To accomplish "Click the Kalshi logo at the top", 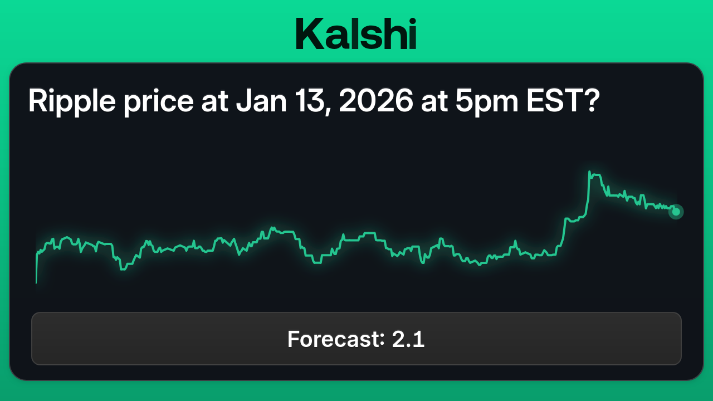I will coord(356,33).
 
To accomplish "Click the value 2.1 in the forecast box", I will coord(408,339).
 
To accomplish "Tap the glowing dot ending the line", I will coord(676,212).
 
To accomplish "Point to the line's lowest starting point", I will coord(36,283).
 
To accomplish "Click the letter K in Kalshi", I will coord(309,33).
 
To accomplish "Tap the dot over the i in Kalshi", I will coord(411,20).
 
